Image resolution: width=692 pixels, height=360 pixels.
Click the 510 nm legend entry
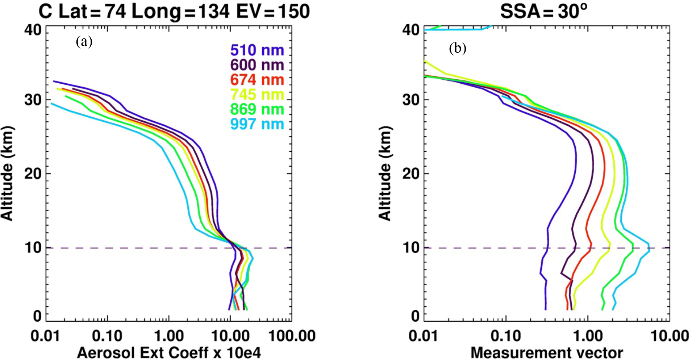point(257,50)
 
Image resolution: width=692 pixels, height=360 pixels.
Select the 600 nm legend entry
point(257,65)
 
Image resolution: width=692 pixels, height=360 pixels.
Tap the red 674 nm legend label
point(257,80)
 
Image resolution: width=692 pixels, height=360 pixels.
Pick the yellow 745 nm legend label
point(257,95)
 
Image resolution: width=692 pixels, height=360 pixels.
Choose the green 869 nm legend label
point(257,109)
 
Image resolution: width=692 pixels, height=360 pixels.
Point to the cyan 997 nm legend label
point(257,124)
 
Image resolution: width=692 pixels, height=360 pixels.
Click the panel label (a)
point(84,42)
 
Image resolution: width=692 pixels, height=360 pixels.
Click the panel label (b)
point(458,48)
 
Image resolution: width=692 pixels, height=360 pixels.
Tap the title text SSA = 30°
point(543,12)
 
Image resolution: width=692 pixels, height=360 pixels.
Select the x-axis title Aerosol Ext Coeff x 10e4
point(169,352)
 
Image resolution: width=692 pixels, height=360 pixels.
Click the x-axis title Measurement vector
point(547,352)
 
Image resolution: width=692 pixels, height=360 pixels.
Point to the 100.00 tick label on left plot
point(292,336)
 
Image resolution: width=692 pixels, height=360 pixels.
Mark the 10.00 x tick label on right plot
point(670,336)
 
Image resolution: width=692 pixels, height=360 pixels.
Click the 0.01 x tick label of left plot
point(45,336)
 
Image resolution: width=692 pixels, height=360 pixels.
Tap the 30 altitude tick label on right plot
point(411,100)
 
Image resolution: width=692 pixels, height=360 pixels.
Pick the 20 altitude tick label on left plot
point(33,173)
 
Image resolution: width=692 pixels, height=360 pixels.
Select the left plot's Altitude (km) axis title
point(7,173)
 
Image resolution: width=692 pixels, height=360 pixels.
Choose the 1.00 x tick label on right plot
point(588,336)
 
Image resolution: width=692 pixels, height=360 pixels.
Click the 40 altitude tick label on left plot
point(33,30)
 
